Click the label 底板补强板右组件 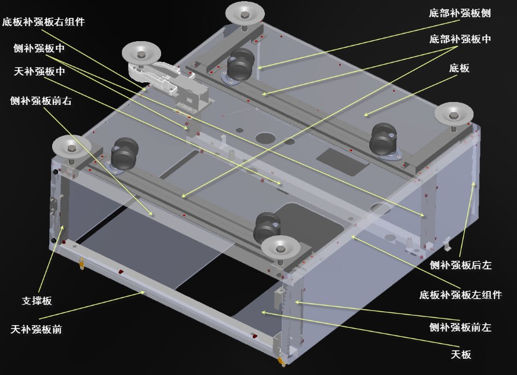[43, 22]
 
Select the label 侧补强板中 [38, 48]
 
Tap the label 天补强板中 [38, 72]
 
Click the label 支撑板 [37, 301]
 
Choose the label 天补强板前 [37, 329]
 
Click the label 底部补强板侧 [460, 12]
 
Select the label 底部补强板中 [460, 39]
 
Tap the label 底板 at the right [459, 68]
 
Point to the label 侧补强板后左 [460, 265]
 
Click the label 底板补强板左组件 [460, 295]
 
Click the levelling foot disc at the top [245, 11]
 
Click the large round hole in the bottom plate [264, 138]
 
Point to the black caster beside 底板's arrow [383, 139]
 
